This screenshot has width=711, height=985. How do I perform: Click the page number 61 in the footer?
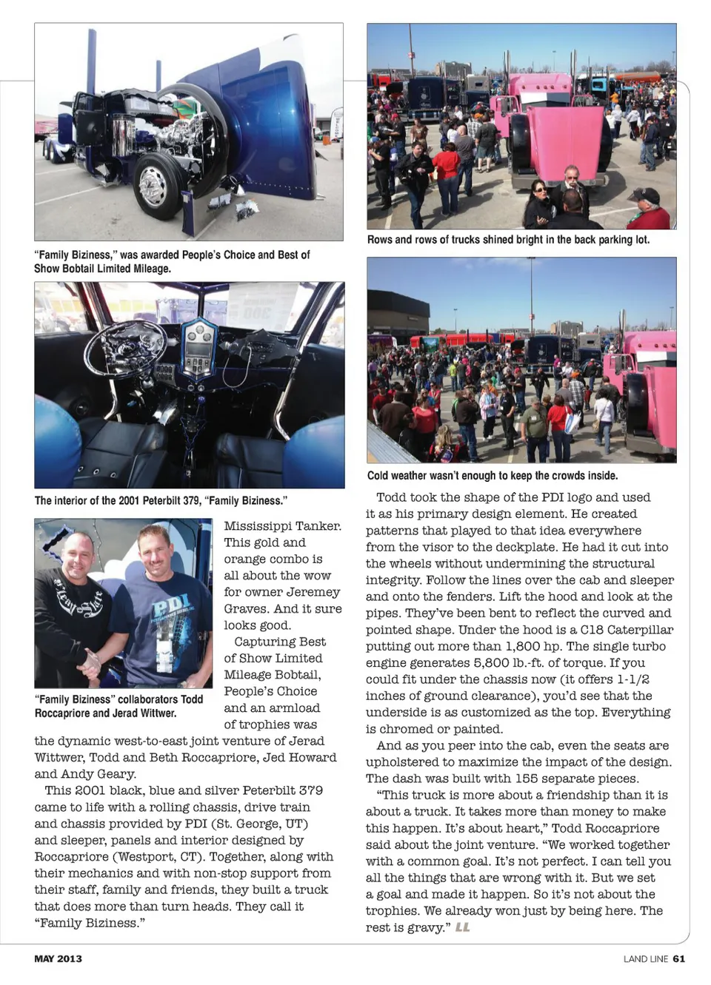coord(679,958)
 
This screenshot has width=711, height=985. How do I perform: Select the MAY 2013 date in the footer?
coord(59,958)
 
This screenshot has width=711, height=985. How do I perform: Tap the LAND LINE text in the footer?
coord(645,958)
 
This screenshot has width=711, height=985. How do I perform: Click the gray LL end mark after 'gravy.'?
coord(463,927)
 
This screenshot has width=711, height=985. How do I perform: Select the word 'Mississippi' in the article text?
coord(256,526)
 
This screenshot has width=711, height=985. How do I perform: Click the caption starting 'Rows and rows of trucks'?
coord(508,240)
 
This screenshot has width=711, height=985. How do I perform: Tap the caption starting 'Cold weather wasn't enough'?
coord(493,476)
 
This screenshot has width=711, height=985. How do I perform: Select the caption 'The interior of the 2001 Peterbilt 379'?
coord(161,500)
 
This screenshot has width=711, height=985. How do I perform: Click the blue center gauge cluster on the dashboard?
coord(198,348)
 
